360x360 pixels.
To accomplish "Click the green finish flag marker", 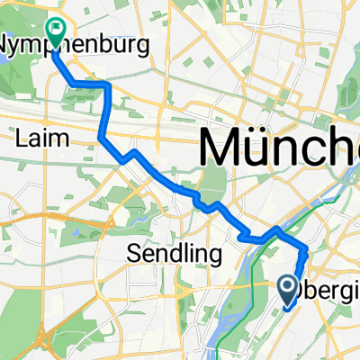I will [56, 32].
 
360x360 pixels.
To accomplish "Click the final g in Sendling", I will [215, 257].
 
